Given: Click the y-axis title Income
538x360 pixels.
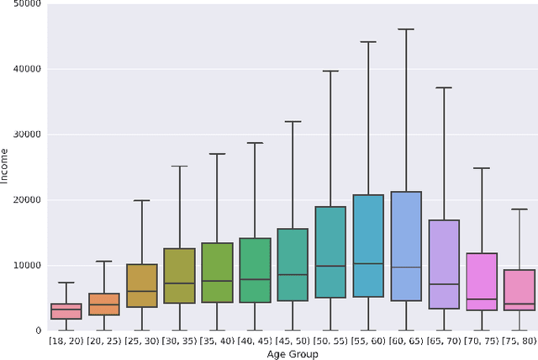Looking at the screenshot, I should click(6, 167).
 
